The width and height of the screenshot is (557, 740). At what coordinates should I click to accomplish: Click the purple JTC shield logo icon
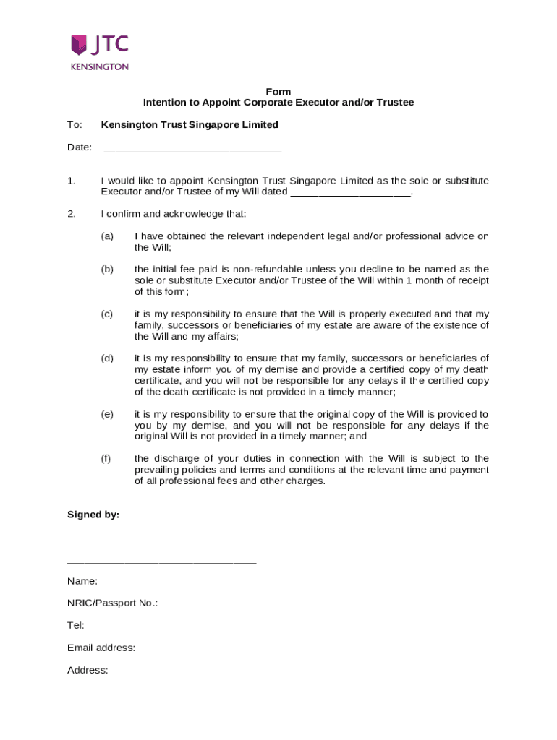[x=79, y=45]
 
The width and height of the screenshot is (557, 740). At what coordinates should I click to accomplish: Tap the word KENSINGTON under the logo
[x=100, y=66]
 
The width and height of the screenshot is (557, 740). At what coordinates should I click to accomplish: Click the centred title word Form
[x=278, y=92]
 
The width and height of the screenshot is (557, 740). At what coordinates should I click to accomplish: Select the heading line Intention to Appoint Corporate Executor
[x=278, y=103]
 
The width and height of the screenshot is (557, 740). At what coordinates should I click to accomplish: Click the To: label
[x=75, y=125]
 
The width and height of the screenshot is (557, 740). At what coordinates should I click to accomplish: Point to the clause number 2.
[x=72, y=214]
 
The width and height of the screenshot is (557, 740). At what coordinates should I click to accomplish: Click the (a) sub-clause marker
[x=107, y=236]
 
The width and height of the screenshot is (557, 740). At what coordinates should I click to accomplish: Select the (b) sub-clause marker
[x=107, y=270]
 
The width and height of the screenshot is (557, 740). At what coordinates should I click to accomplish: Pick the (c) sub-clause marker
[x=107, y=314]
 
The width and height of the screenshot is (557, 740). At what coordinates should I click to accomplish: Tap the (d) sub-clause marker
[x=107, y=358]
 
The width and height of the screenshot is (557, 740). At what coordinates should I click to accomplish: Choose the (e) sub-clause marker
[x=107, y=414]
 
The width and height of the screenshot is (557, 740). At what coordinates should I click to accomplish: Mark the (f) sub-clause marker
[x=107, y=459]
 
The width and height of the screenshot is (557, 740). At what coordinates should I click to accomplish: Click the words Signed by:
[x=93, y=515]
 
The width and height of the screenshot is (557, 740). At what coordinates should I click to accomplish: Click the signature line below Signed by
[x=161, y=562]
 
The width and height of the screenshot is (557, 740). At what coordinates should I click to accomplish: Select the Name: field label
[x=82, y=581]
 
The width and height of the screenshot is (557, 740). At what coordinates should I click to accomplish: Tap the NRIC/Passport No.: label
[x=112, y=603]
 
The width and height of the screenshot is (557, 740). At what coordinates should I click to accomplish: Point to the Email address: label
[x=101, y=647]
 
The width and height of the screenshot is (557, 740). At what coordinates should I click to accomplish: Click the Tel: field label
[x=76, y=625]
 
